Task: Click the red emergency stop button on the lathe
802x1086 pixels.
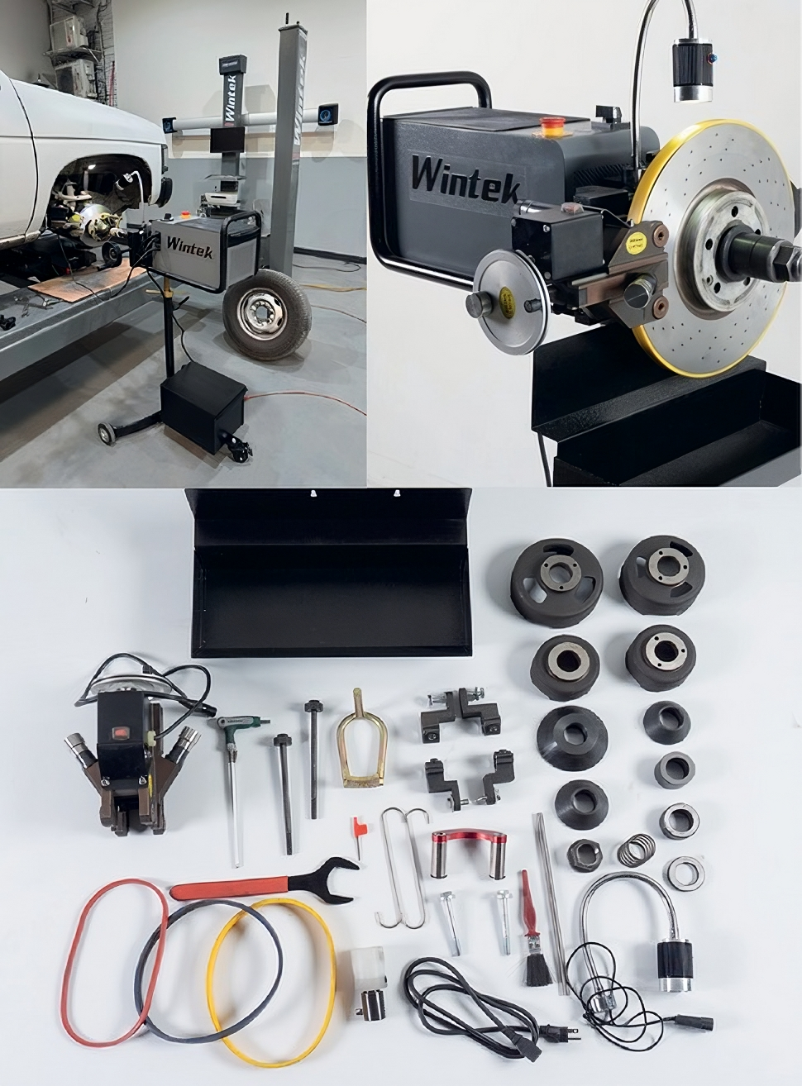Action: point(549,125)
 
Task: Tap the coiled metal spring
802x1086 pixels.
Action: point(636,849)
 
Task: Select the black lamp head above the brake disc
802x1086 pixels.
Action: point(692,70)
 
